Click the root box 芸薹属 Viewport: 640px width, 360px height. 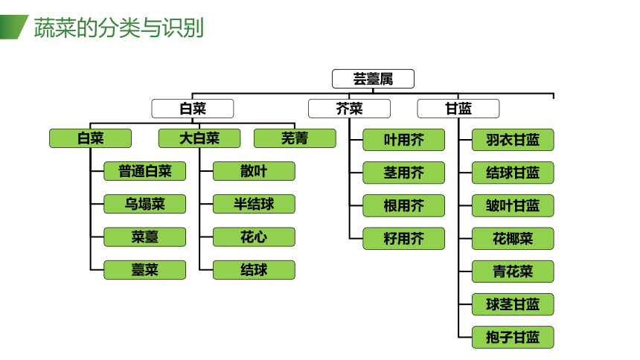pyautogui.click(x=373, y=79)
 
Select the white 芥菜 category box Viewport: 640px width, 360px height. pyautogui.click(x=349, y=109)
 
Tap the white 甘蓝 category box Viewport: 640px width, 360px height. pyautogui.click(x=458, y=109)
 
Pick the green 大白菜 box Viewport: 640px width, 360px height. pyautogui.click(x=199, y=138)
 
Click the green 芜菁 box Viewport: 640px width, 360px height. pyautogui.click(x=295, y=138)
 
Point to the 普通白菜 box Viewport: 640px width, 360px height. pyautogui.click(x=145, y=171)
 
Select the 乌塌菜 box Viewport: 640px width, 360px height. pyautogui.click(x=145, y=204)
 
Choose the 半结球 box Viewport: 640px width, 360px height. pyautogui.click(x=254, y=204)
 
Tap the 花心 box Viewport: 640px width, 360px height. pyautogui.click(x=254, y=237)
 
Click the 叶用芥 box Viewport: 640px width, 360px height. pyautogui.click(x=403, y=140)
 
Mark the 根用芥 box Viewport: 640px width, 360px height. pyautogui.click(x=403, y=206)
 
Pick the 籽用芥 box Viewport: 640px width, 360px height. pyautogui.click(x=403, y=238)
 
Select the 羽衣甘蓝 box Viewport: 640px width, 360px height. pyautogui.click(x=513, y=140)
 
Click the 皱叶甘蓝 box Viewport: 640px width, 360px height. pyautogui.click(x=513, y=206)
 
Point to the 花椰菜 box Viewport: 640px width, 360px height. pyautogui.click(x=513, y=238)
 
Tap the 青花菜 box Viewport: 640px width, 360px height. pyautogui.click(x=513, y=271)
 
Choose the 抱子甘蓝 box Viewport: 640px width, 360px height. pyautogui.click(x=513, y=337)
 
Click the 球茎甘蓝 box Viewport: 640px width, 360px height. pyautogui.click(x=513, y=304)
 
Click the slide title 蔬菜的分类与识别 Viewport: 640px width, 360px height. pyautogui.click(x=119, y=28)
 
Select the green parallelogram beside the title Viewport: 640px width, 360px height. pyautogui.click(x=13, y=27)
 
